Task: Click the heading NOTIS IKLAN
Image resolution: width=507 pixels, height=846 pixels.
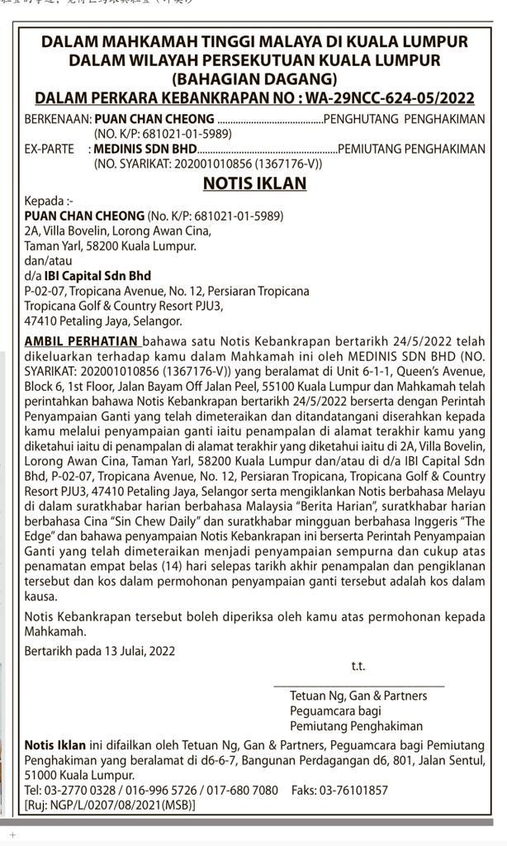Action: [x=254, y=183]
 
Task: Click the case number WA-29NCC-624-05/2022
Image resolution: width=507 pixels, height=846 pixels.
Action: [x=386, y=98]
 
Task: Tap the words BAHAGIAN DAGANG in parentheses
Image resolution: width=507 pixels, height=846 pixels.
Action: [x=254, y=79]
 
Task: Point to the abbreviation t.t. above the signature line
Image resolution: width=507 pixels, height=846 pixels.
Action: [x=358, y=666]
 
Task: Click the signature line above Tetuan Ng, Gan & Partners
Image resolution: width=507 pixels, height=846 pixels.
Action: [x=358, y=686]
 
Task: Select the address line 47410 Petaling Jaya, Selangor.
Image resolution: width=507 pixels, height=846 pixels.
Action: [x=103, y=321]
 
